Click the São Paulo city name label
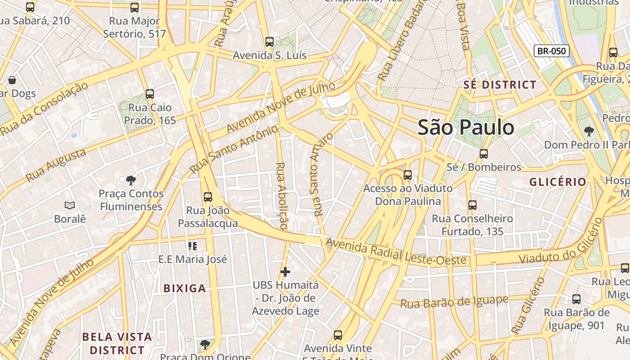point(466,127)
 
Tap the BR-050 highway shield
point(551,51)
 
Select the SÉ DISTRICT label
point(500,85)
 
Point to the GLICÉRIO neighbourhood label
point(558,182)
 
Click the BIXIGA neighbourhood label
point(184,288)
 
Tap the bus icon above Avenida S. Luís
point(270,42)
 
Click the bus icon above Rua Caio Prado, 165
point(150,94)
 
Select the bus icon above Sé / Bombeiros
point(484,154)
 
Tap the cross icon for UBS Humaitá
point(285,272)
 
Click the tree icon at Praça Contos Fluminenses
point(131,180)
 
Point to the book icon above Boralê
point(70,206)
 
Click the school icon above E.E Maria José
point(193,246)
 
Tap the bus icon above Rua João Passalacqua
point(207,197)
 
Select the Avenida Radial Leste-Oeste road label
point(396,252)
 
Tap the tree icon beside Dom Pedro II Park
point(589,131)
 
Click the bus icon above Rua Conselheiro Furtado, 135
point(472,205)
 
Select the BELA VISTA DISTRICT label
point(117,343)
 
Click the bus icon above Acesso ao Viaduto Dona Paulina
point(408,175)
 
